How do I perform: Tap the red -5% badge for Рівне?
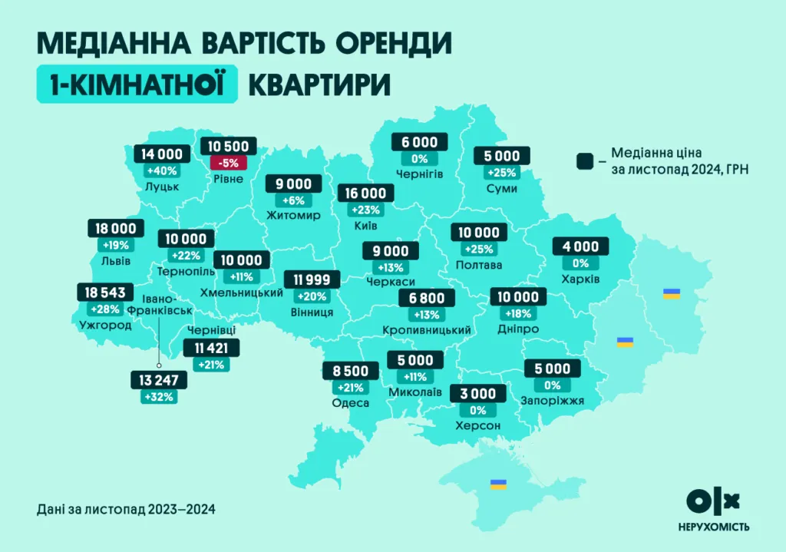[228, 163]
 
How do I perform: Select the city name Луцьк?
[161, 187]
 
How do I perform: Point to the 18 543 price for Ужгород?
[106, 293]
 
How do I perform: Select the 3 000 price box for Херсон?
[477, 395]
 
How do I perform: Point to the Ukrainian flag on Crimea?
[498, 484]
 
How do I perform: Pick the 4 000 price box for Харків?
[580, 246]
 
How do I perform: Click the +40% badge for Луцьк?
[161, 170]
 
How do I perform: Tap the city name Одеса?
[352, 403]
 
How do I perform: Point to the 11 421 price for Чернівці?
[211, 349]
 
